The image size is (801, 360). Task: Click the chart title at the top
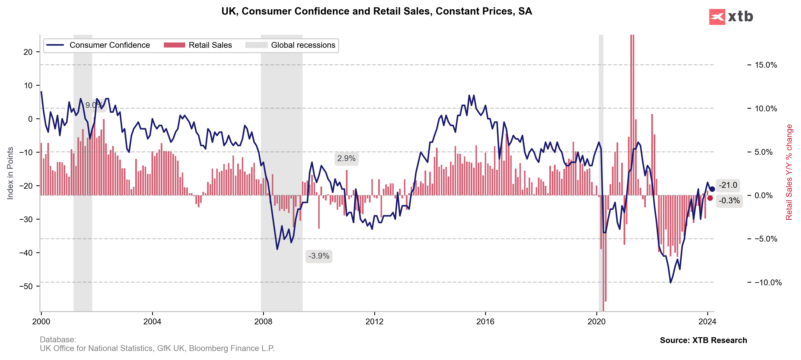[x=376, y=11]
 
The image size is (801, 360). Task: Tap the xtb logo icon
[x=717, y=17]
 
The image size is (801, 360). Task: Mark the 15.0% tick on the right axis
[x=766, y=65]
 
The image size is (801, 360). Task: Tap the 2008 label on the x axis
[x=263, y=321]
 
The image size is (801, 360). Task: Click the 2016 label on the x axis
[x=485, y=321]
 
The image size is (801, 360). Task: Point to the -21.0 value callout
[x=728, y=185]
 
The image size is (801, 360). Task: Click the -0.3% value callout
[x=729, y=201]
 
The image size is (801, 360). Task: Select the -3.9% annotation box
[x=319, y=256]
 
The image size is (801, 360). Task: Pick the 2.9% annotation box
[x=346, y=159]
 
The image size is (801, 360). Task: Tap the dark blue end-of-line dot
[x=712, y=189]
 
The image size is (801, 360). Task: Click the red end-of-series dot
[x=710, y=198]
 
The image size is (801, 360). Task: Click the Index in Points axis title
[x=10, y=173]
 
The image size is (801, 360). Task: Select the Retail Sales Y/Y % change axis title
[x=789, y=172]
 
